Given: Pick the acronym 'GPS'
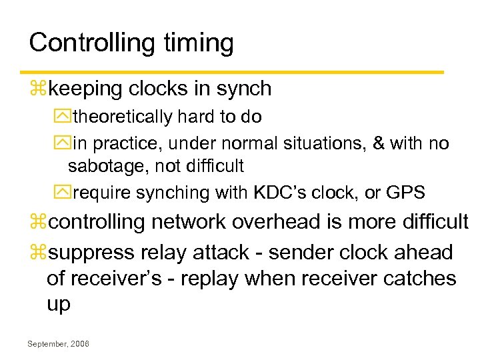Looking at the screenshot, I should (x=405, y=193).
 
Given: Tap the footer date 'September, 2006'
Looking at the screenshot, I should (x=59, y=343).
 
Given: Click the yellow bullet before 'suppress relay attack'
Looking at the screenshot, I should (x=39, y=253).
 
